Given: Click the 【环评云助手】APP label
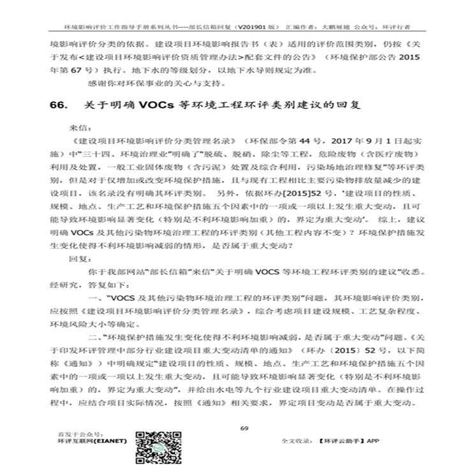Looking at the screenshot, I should [x=349, y=440].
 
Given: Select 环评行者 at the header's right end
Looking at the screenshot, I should [x=396, y=29].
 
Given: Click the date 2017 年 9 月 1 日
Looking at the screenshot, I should [x=357, y=141].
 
